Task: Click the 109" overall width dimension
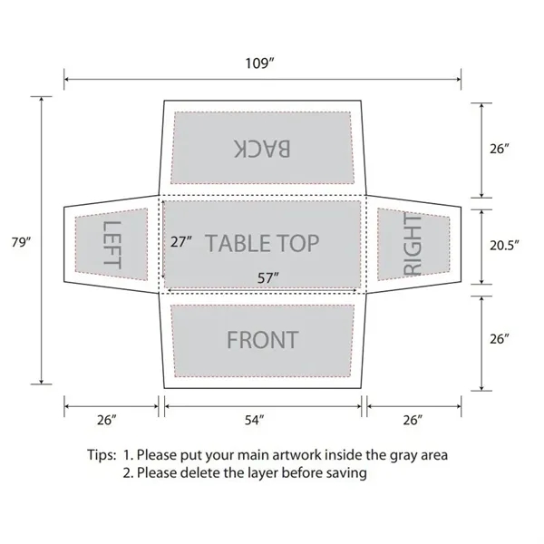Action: pyautogui.click(x=262, y=64)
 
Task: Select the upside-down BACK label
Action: pyautogui.click(x=262, y=148)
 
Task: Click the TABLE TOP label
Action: pyautogui.click(x=263, y=242)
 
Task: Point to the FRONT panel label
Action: pyautogui.click(x=262, y=340)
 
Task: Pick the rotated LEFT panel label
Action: pyautogui.click(x=111, y=243)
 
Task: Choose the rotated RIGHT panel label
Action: pyautogui.click(x=413, y=243)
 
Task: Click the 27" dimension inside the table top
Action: pyautogui.click(x=182, y=242)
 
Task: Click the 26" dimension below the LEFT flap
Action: pyautogui.click(x=107, y=420)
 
